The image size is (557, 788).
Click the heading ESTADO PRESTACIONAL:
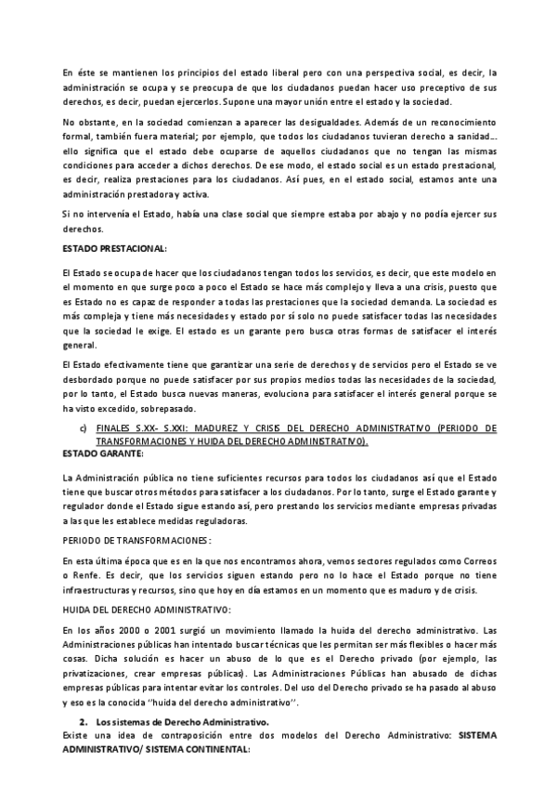click(x=114, y=249)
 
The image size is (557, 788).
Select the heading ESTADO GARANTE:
click(x=103, y=453)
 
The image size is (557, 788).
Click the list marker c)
click(x=84, y=427)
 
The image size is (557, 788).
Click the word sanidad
click(x=473, y=136)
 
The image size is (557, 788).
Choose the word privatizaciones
click(x=97, y=672)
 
